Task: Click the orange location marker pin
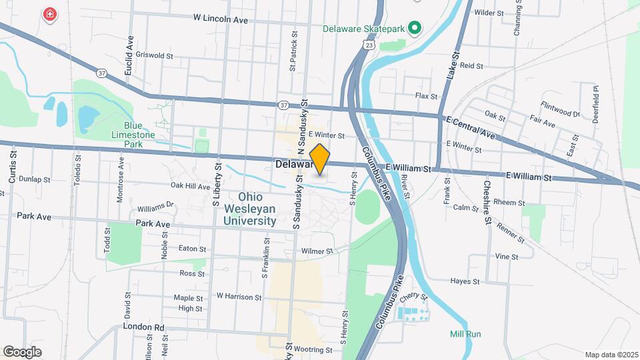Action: point(320,159)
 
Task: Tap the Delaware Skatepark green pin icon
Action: point(415,28)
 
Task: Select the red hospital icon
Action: point(49,14)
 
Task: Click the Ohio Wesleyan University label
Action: point(249,209)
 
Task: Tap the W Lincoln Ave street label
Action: point(220,20)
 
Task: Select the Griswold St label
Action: point(154,55)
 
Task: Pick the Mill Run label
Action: point(465,334)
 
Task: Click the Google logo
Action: point(22,352)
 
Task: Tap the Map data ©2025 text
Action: point(611,355)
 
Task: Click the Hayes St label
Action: point(465,281)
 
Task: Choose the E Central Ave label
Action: point(471,127)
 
